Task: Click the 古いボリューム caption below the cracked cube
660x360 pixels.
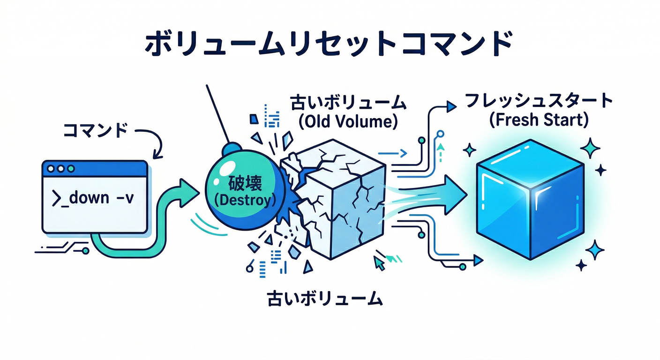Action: click(x=324, y=299)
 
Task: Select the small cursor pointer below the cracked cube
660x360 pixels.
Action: click(x=379, y=263)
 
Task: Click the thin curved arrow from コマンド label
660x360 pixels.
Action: click(x=155, y=143)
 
